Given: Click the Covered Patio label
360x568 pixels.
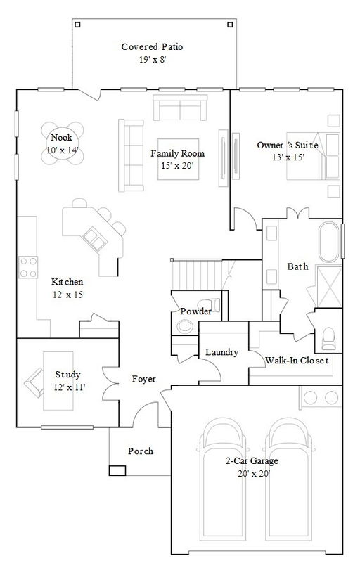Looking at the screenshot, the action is (x=152, y=46).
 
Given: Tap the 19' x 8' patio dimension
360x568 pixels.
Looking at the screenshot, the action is (x=153, y=60).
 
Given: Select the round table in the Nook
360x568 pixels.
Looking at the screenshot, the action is (x=62, y=143).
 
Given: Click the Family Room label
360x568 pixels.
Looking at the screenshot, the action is (x=177, y=153).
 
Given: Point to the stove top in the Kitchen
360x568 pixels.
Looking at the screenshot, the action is (x=28, y=267).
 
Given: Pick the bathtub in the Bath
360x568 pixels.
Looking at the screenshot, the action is (x=329, y=242).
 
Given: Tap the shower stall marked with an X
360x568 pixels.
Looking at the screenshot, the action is (x=329, y=287).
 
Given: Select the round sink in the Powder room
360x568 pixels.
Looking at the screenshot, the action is (x=185, y=325).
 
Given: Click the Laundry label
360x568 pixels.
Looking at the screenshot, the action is (x=221, y=352).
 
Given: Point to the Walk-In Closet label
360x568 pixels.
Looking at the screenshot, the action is (x=297, y=361).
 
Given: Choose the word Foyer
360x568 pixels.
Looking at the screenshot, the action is (x=143, y=380).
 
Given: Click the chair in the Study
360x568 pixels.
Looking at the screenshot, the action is (x=34, y=382).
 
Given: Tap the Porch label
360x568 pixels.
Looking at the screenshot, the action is (x=141, y=451).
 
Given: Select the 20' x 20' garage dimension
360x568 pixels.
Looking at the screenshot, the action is (x=255, y=474).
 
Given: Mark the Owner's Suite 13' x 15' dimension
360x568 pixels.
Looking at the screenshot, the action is (x=288, y=157).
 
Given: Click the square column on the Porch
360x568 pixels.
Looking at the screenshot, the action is (x=117, y=470).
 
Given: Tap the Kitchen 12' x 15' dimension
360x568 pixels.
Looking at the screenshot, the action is (x=68, y=295).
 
